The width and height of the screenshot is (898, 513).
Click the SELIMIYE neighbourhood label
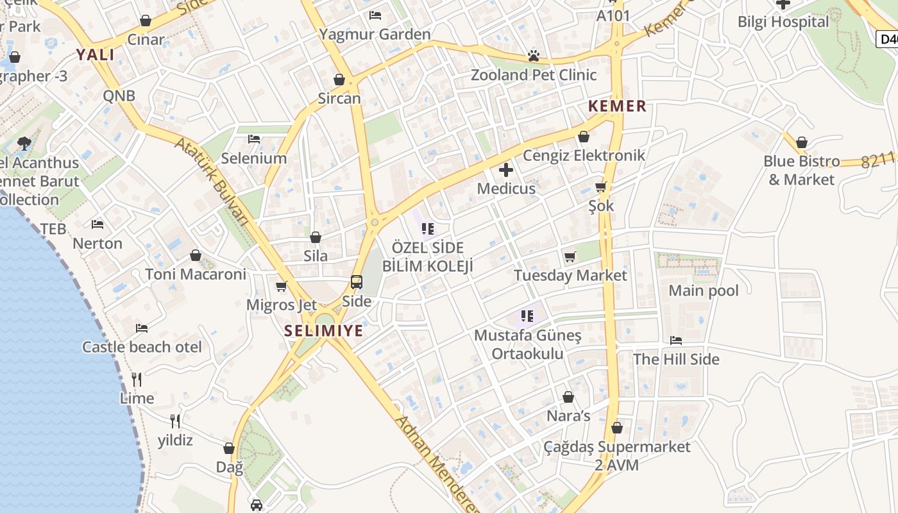coord(324,331)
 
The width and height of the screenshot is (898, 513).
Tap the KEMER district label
coord(617,106)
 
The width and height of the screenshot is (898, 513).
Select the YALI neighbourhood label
coord(96,55)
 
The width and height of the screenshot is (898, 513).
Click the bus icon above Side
coord(357,282)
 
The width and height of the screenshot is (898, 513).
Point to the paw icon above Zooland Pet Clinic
coord(533,56)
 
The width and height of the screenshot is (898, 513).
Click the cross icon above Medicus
coord(506,170)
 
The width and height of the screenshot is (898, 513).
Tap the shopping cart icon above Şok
coord(601,187)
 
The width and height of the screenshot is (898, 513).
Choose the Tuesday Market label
coord(570,276)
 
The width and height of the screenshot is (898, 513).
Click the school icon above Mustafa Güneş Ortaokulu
coord(527,315)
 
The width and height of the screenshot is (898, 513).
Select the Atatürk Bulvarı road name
coord(211,180)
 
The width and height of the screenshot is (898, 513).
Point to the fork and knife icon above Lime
coord(137,380)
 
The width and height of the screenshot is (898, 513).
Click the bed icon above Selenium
coord(254,139)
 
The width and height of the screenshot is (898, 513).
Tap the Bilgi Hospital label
coord(783,22)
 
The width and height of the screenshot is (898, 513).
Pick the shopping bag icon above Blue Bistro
coord(801,142)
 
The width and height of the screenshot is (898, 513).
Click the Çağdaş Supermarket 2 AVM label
coord(617,455)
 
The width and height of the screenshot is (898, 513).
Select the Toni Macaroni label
coord(196,274)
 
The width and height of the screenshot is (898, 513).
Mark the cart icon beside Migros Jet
coord(281,287)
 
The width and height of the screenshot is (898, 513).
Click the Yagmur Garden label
coord(375,34)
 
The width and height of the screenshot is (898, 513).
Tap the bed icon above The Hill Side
coord(676,341)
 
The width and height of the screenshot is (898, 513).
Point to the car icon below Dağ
coord(257,505)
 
